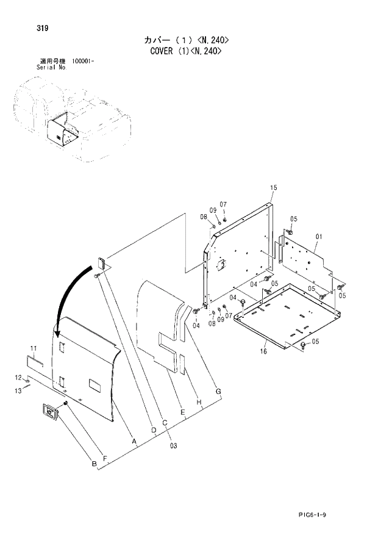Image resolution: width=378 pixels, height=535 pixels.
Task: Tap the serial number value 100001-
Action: click(83, 62)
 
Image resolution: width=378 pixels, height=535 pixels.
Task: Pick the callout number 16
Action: click(264, 352)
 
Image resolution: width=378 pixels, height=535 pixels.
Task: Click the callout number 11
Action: click(34, 348)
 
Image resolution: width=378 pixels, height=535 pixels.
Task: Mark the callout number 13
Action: click(18, 390)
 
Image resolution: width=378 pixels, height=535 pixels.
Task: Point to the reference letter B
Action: click(94, 465)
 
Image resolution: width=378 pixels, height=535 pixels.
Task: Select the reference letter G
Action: click(218, 390)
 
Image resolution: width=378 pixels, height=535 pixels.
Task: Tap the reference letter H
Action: click(199, 403)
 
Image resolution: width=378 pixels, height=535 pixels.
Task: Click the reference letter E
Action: click(182, 413)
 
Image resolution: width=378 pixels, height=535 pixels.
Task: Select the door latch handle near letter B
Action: click(49, 413)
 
